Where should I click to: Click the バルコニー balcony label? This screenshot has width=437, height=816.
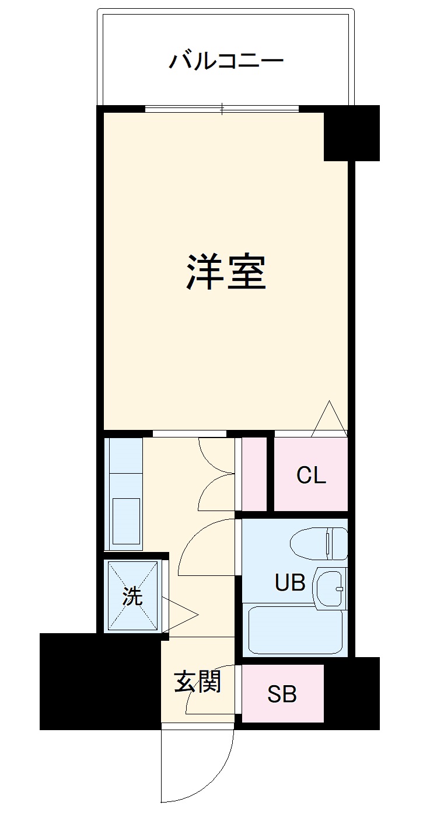[226, 61]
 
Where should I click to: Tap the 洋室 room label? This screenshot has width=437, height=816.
[226, 272]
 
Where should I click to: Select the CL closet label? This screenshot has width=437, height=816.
[311, 475]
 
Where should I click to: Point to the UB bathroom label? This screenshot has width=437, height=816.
[290, 582]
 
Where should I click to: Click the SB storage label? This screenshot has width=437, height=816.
[282, 694]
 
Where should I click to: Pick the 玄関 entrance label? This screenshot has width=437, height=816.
[198, 681]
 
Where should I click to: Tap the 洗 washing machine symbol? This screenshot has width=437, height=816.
[132, 596]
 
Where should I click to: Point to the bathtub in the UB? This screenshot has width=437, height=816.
[295, 631]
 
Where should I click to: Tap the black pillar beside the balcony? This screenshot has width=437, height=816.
[352, 133]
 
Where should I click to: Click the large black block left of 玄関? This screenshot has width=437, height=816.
[99, 681]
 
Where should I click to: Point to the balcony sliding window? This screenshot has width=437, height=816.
[222, 109]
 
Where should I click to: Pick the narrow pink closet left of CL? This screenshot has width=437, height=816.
[254, 473]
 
